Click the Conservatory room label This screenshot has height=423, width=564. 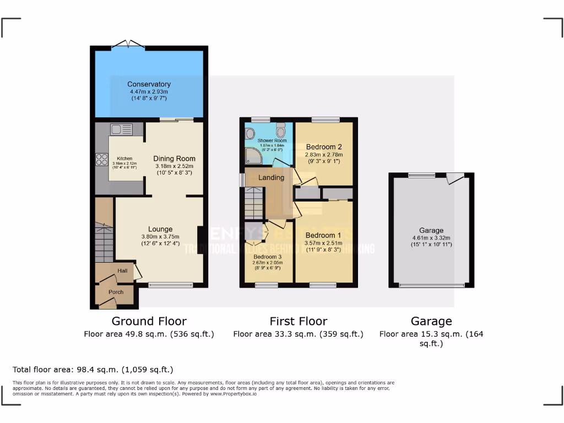tap(149, 84)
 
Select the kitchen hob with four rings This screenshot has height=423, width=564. tap(102, 159)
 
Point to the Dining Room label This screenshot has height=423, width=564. tap(174, 159)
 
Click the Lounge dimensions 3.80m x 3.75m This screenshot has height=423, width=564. tap(160, 237)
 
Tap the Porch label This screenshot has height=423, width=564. tap(116, 292)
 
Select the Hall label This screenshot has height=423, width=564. tap(122, 270)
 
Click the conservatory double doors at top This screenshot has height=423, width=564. tap(128, 44)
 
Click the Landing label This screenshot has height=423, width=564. tap(272, 177)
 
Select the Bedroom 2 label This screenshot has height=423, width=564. tap(324, 147)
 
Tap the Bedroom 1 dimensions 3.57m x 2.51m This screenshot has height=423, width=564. tap(324, 243)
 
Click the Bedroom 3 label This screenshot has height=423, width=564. tap(268, 257)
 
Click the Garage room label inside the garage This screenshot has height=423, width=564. tap(430, 231)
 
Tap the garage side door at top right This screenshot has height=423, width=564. tap(455, 178)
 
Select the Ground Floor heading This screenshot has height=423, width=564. tap(149, 321)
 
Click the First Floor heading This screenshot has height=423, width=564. tap(298, 321)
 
